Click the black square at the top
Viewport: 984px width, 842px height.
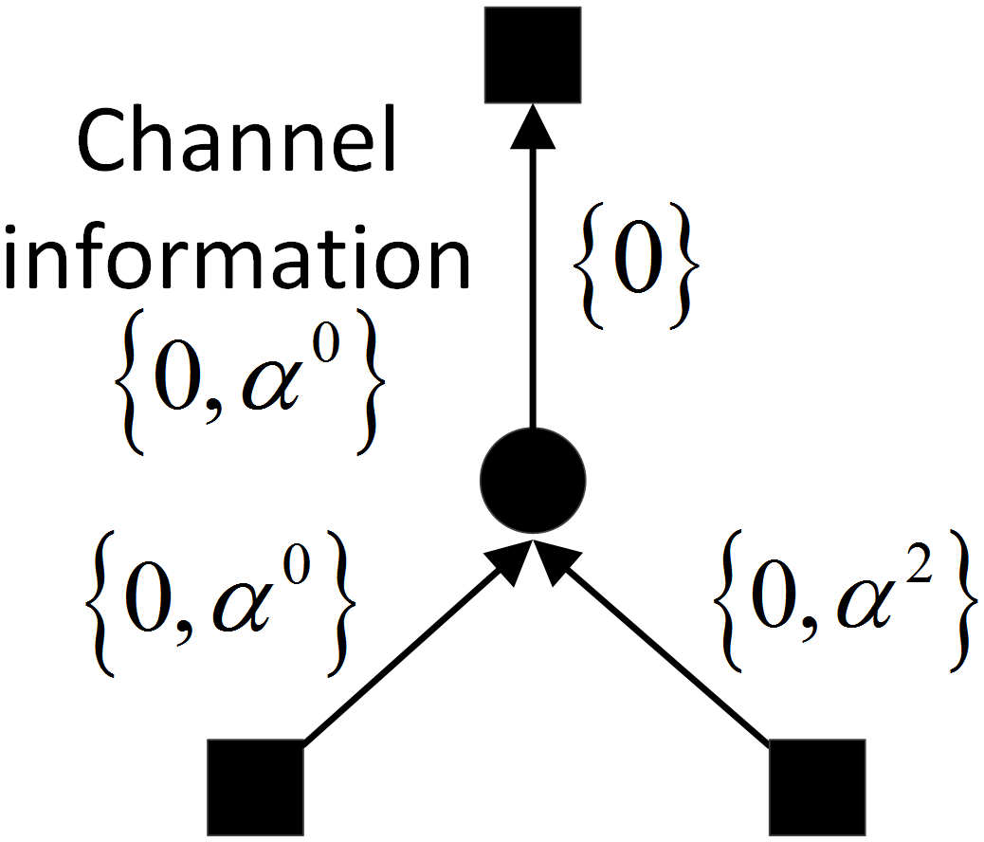[532, 54]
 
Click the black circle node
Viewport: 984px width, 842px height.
[534, 479]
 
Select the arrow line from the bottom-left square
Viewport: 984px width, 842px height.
[398, 654]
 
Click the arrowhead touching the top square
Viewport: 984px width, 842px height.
[533, 125]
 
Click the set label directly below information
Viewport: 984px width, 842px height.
[248, 388]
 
